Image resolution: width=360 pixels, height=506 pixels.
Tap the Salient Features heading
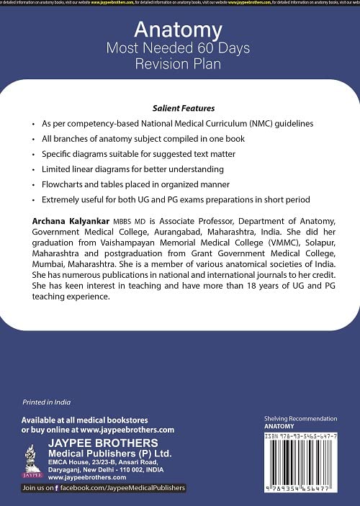[x=180, y=105]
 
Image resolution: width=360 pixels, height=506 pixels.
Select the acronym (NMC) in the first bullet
[x=266, y=123]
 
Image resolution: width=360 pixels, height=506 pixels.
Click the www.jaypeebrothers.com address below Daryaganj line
[x=77, y=476]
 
